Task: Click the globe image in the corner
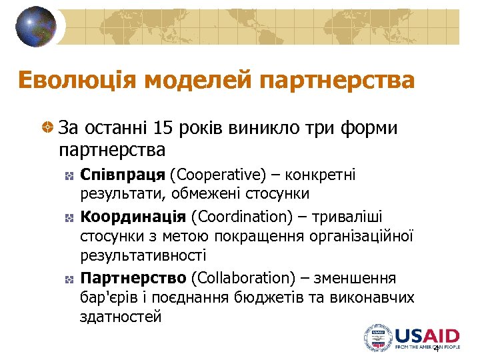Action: point(37,27)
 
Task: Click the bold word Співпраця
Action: point(123,175)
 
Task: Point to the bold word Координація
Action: point(133,217)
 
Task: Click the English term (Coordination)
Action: point(241,217)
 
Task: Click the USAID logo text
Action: point(427,335)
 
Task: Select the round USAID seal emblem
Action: point(378,338)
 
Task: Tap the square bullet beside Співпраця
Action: point(69,175)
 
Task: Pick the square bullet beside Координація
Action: point(69,218)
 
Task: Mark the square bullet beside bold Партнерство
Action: point(69,278)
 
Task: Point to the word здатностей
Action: point(121,317)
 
